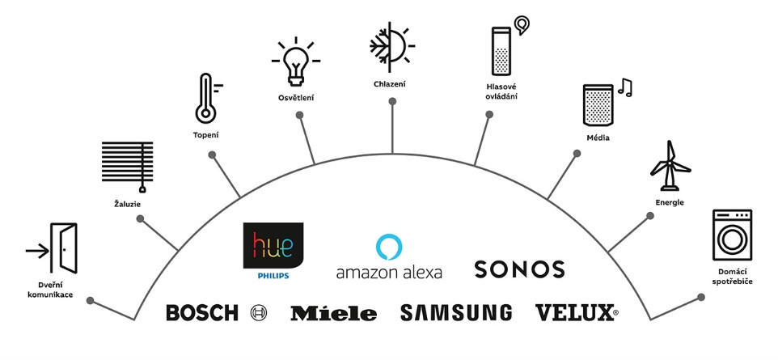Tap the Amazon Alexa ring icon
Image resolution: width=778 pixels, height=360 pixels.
coord(389,245)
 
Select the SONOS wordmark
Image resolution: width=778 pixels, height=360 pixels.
coord(518,269)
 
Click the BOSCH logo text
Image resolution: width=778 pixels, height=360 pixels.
coord(202,313)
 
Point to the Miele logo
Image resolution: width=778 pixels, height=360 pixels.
coord(333,313)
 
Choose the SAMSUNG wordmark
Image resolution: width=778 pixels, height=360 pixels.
coord(456,312)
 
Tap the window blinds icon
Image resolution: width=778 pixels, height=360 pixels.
coord(128,166)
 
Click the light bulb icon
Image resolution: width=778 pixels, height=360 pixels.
coord(295,62)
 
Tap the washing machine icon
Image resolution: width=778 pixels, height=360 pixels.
coord(732,234)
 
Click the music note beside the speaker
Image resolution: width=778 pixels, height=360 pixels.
coord(625,87)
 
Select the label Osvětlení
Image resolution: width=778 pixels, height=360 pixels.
coord(295,98)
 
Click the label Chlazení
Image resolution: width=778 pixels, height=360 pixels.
coord(390,83)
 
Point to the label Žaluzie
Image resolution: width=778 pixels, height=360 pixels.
coord(128,205)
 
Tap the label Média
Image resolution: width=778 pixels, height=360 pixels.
coord(598,138)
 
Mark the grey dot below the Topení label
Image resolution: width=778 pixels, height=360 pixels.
coord(212,154)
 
